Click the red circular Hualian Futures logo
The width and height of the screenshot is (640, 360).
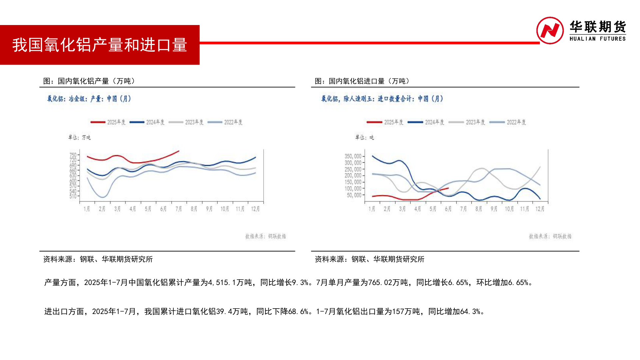(550, 31)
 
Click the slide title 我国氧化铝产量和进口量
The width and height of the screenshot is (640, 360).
(99, 45)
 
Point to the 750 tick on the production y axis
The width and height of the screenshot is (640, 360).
(73, 155)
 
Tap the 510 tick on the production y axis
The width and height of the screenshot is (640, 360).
(73, 196)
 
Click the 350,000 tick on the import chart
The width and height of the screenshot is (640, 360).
(353, 156)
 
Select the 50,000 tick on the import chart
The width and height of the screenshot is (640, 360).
(354, 195)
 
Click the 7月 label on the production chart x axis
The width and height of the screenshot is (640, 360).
(179, 209)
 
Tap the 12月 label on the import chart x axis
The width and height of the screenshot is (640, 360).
(540, 209)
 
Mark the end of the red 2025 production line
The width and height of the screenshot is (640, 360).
(179, 151)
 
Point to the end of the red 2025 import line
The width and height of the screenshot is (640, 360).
(448, 188)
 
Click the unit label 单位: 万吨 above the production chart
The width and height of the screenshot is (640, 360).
(79, 137)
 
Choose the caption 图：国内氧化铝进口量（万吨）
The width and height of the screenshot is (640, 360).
(362, 81)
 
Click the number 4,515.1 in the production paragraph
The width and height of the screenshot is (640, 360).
(222, 283)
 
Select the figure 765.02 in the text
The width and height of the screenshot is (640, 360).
(380, 283)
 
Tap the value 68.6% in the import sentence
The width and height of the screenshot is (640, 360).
(298, 312)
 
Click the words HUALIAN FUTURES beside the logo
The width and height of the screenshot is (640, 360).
(597, 39)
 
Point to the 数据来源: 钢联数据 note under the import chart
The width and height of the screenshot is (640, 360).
(550, 236)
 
